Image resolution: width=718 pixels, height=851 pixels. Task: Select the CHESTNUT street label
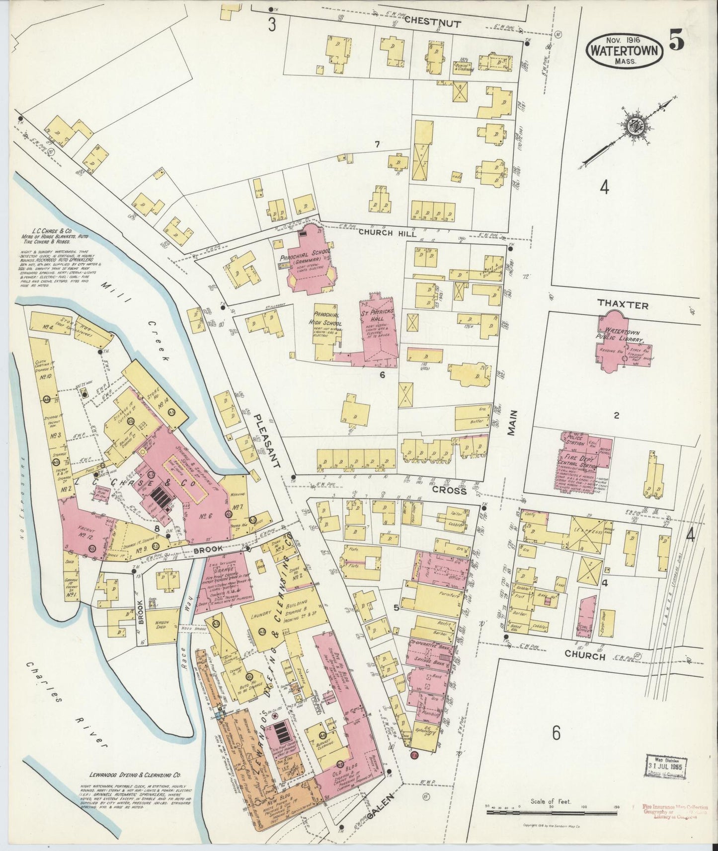click(432, 22)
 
